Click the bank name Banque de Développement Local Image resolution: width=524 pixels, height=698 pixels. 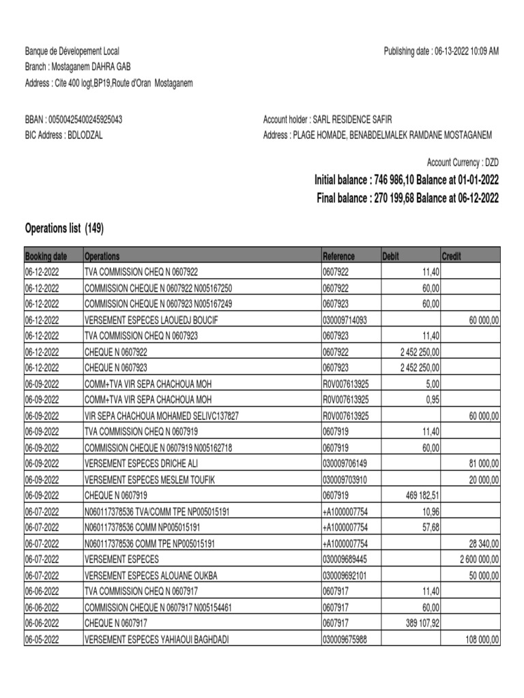coord(72,52)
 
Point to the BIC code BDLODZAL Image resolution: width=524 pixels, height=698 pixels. coord(84,135)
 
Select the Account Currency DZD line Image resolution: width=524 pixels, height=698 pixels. coord(463,162)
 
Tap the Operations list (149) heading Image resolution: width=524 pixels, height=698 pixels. coord(64,229)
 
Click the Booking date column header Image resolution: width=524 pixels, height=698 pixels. coord(46,256)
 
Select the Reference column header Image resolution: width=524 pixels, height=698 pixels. coord(338,256)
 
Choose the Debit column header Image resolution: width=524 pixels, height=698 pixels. coord(391,256)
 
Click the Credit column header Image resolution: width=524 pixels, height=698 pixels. coord(452,256)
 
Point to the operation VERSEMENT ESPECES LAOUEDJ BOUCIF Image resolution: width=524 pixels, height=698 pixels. coord(151,320)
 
